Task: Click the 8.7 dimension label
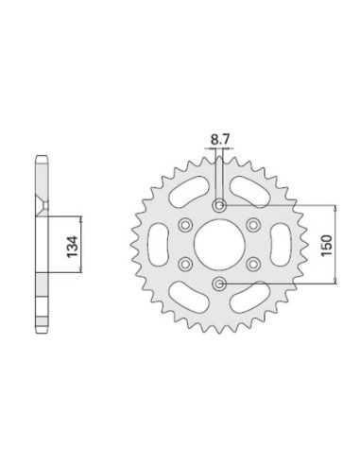(x=220, y=139)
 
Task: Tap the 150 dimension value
(x=327, y=246)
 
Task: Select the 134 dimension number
(x=73, y=246)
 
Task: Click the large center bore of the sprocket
(x=219, y=245)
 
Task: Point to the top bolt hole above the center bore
(x=219, y=206)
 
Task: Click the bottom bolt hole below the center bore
(x=219, y=284)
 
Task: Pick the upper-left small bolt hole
(x=185, y=225)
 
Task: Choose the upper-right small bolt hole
(x=253, y=225)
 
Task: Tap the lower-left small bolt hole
(x=185, y=265)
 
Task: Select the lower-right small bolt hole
(x=253, y=265)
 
